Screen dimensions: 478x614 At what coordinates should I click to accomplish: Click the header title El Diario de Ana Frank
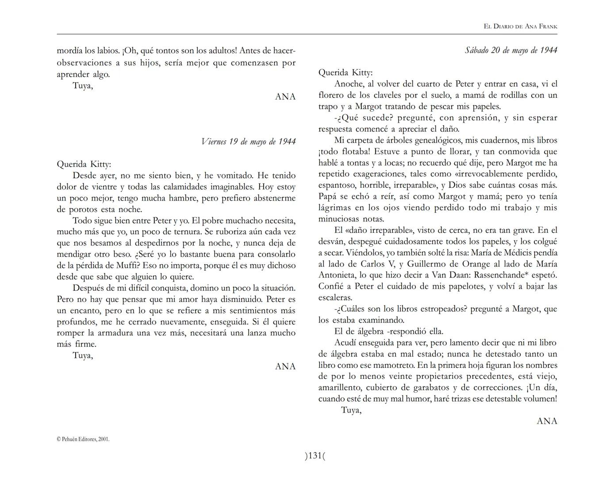tap(520, 27)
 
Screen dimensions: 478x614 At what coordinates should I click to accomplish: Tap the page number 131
tap(315, 455)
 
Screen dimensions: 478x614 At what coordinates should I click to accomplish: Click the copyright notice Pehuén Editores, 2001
tap(83, 439)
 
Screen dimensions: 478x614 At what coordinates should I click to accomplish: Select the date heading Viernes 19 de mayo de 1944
tap(248, 142)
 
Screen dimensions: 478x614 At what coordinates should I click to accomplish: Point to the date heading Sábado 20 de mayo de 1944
tap(510, 50)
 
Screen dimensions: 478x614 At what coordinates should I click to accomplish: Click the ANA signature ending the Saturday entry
tap(547, 421)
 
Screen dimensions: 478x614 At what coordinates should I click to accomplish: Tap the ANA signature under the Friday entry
tap(285, 366)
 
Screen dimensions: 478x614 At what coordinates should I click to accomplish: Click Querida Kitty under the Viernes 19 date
tap(84, 164)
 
